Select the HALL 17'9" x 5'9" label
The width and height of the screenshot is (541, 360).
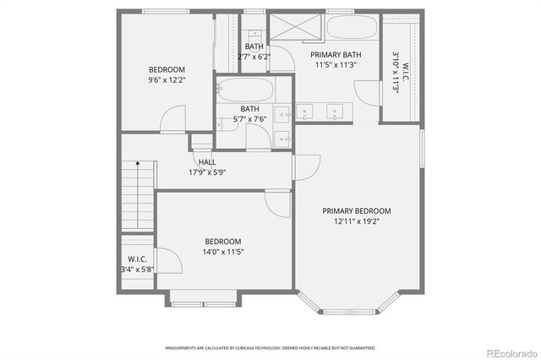tap(207, 166)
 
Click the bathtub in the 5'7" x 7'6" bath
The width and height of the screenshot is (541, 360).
tap(244, 90)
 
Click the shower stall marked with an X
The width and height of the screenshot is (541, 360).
tap(295, 27)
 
